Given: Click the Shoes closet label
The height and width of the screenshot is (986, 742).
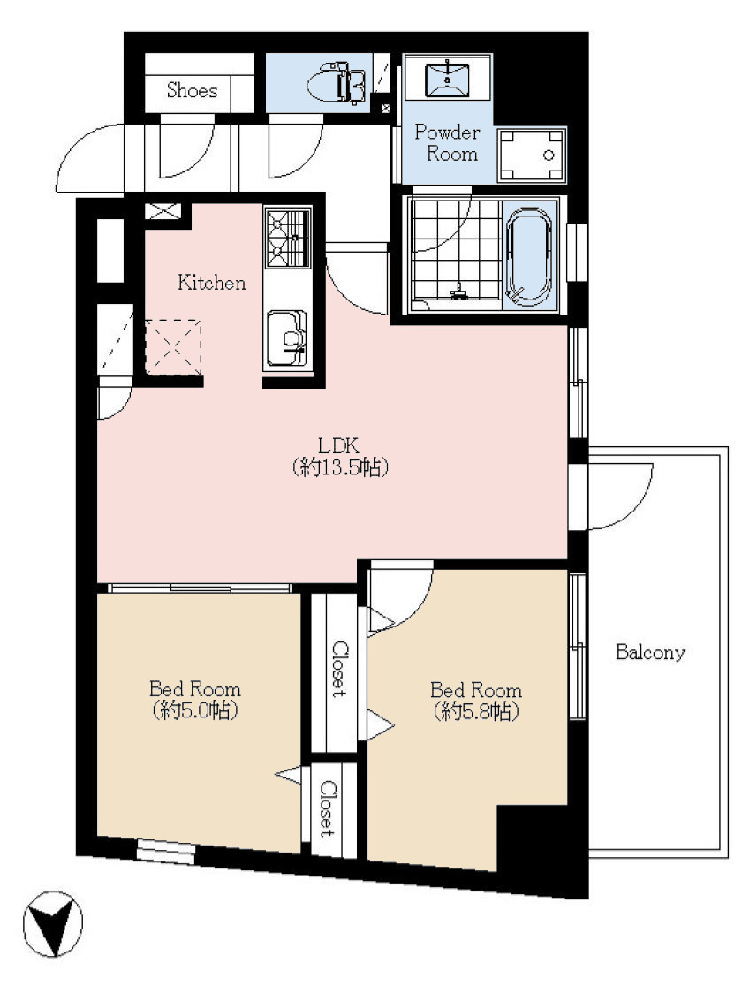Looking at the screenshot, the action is point(192,90).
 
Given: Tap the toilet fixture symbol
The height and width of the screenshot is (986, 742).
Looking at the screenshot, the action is point(337,82).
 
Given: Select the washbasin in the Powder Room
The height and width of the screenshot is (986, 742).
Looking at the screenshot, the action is point(447,78).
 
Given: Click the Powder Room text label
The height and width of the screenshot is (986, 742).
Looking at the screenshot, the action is point(447,143).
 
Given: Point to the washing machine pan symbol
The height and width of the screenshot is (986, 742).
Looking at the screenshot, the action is point(532,155).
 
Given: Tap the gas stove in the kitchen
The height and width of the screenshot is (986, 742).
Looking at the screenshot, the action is point(288,237).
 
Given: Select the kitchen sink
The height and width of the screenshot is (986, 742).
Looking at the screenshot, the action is point(287,338).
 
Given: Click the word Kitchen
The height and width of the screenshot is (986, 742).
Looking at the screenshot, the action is point(211,283).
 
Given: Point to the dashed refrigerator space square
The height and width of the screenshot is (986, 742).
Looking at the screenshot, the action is point(173,346).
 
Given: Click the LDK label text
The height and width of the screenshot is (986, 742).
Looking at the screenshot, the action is point(338,446).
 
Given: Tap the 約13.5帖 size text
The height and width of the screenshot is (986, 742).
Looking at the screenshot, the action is point(339,467).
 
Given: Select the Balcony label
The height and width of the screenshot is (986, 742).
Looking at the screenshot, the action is point(650,652).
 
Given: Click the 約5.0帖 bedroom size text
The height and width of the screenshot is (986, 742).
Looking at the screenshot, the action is point(194,710).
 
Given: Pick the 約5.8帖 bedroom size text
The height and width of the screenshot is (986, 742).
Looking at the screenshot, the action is point(476,712).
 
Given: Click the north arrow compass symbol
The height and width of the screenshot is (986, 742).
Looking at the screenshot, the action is point(53,924).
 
